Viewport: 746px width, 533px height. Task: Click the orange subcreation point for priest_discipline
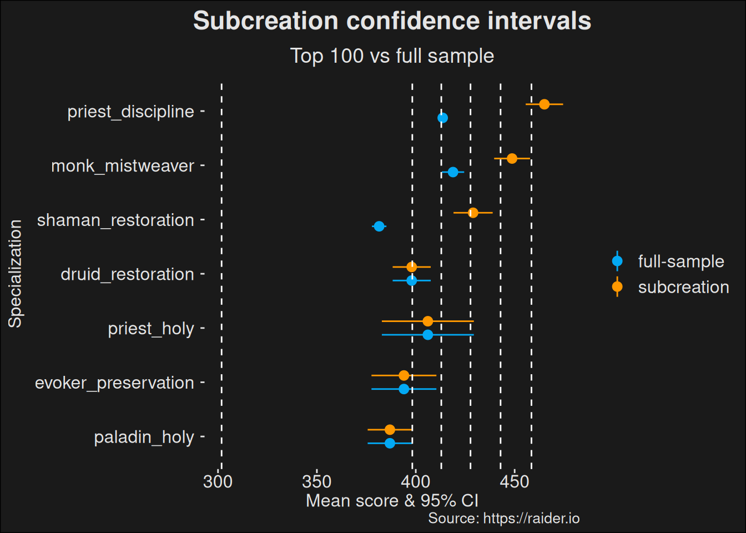pos(545,104)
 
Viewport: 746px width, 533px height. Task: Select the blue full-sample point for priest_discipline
pos(442,118)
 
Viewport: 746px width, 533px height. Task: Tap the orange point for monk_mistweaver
pos(512,159)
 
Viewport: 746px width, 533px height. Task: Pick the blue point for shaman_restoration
pos(379,227)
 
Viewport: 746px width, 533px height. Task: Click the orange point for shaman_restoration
pos(473,213)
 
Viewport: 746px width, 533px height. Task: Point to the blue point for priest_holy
pos(427,335)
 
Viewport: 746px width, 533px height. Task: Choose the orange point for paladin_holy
pos(390,430)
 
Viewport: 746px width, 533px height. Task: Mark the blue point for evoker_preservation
pos(404,389)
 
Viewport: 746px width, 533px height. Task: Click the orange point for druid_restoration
pos(411,267)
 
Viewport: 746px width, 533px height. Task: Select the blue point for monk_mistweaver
pos(453,172)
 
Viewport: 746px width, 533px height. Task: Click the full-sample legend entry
pos(681,262)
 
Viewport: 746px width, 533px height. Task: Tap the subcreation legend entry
pos(683,287)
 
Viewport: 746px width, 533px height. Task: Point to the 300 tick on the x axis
pos(218,481)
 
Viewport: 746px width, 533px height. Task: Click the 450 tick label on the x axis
pos(515,481)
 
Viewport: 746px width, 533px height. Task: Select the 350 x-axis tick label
pos(317,481)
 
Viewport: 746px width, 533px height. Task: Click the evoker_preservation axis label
pos(114,383)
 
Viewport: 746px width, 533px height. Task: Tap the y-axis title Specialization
pos(15,274)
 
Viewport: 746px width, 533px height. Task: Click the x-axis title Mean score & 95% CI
pos(392,501)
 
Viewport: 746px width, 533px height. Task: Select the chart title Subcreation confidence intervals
pos(392,21)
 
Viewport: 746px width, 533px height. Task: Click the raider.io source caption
pos(504,519)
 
